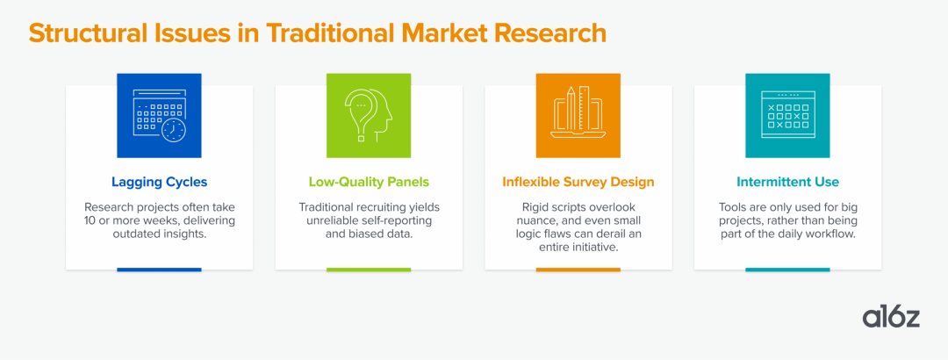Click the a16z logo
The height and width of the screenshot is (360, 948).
891,318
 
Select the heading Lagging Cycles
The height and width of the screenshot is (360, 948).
159,182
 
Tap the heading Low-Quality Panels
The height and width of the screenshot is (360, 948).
369,182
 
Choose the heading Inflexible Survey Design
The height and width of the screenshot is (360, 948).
578,182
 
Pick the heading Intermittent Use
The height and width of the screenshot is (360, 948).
787,182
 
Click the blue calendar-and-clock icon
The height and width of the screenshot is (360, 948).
159,116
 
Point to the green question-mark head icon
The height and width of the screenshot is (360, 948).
369,116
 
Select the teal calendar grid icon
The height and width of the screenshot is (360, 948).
787,116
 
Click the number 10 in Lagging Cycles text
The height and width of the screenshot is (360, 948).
90,220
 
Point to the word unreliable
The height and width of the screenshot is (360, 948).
334,220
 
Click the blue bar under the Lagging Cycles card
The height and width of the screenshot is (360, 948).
159,270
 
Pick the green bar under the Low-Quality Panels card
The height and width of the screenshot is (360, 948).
369,270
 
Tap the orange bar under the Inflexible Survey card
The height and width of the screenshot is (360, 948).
578,270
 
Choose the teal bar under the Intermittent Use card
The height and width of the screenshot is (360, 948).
787,270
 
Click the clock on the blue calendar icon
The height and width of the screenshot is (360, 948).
174,129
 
